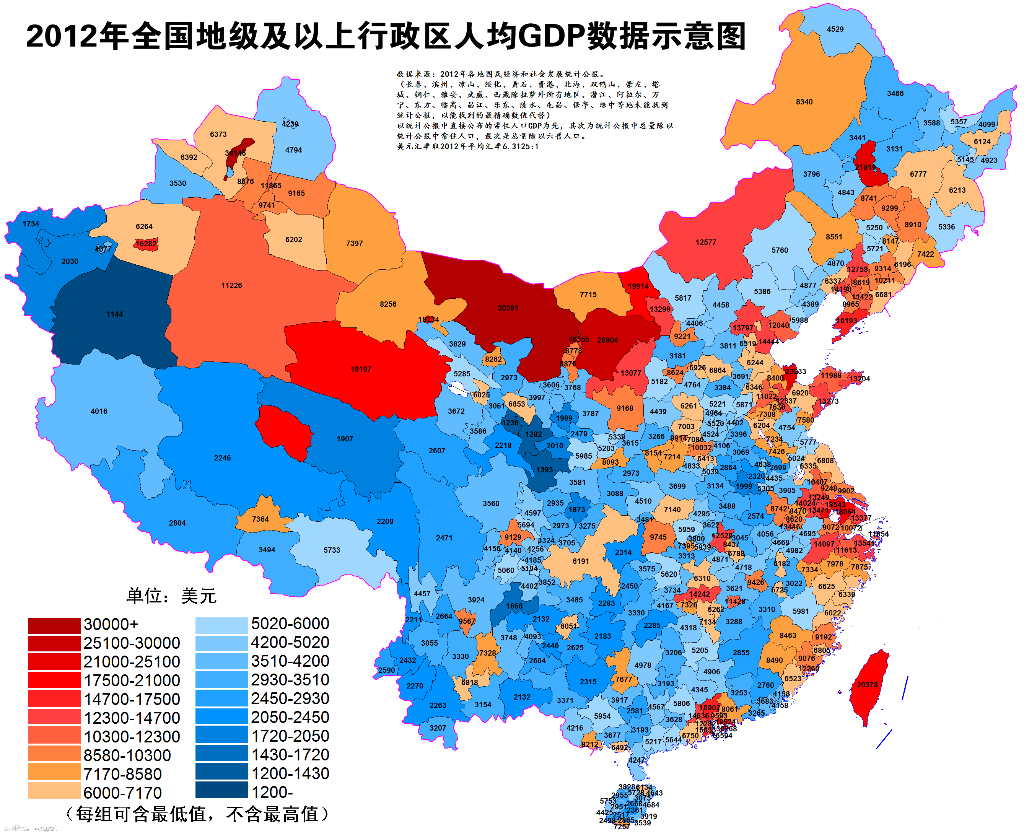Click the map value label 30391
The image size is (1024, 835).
(x=508, y=308)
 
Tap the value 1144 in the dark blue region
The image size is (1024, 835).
(x=114, y=314)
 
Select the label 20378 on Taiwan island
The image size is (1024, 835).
(x=867, y=685)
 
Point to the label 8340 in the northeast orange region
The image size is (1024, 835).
(x=804, y=102)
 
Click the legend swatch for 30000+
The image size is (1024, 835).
(x=54, y=625)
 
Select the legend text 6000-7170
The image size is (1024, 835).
(x=123, y=793)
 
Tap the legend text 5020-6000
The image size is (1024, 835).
(x=290, y=624)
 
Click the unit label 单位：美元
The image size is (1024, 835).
(x=171, y=596)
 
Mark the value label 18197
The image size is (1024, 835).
(x=361, y=369)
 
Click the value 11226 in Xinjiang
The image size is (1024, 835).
(x=231, y=286)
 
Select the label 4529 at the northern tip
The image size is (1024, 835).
(x=835, y=29)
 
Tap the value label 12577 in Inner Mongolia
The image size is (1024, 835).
(x=706, y=243)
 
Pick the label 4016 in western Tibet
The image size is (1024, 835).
(x=99, y=411)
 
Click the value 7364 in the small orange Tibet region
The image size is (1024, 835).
(x=260, y=519)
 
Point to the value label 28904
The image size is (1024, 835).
(x=607, y=340)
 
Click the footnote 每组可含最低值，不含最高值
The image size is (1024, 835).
(x=197, y=815)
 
